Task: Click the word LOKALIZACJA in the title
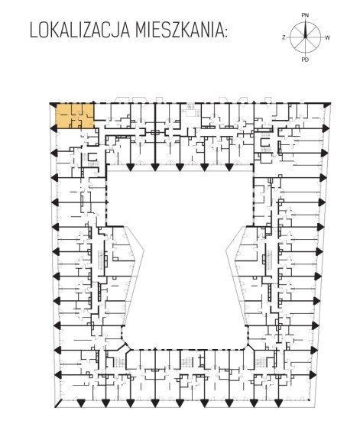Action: (x=80, y=31)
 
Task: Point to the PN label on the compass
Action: (x=305, y=15)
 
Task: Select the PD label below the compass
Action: (x=305, y=60)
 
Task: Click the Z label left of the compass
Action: (x=284, y=37)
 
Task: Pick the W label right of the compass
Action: (x=327, y=37)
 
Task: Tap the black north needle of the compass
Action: (x=305, y=29)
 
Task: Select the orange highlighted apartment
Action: (x=75, y=116)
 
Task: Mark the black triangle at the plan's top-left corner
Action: (x=53, y=105)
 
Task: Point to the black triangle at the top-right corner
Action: (x=327, y=105)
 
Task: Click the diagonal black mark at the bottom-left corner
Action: (x=58, y=403)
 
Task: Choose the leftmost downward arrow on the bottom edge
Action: (x=81, y=403)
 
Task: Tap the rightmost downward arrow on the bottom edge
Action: (x=278, y=403)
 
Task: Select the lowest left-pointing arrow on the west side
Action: (x=57, y=375)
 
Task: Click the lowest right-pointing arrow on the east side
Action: (x=313, y=375)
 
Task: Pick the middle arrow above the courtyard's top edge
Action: (x=180, y=167)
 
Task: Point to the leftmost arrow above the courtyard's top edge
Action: (x=130, y=167)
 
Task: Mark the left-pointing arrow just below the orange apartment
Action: (x=54, y=129)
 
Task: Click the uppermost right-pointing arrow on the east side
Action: (x=326, y=128)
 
